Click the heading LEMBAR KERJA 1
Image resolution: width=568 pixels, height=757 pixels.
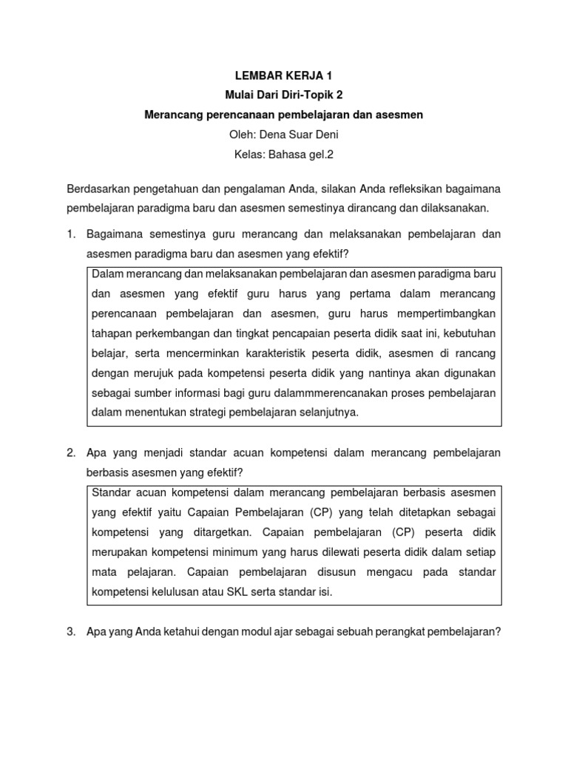(283, 76)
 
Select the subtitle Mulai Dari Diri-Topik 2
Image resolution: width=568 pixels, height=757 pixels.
(283, 95)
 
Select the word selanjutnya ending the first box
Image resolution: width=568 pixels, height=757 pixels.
(321, 413)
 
